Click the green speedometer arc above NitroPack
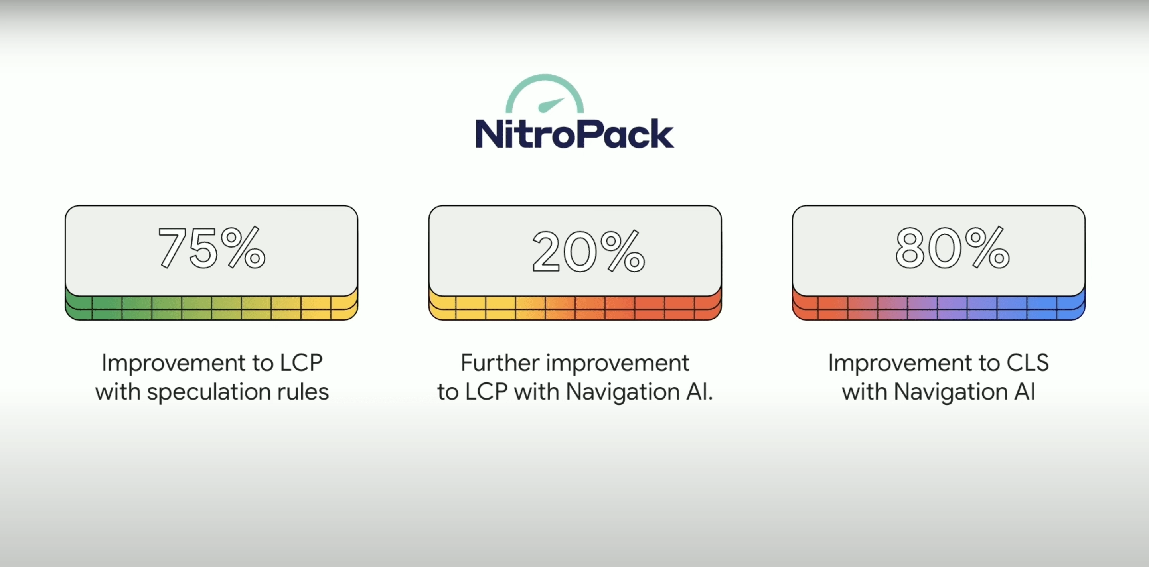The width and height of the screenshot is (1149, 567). pos(545,83)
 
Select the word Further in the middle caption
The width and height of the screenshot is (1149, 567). pos(500,363)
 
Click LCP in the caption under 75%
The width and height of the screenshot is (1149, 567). pos(301,363)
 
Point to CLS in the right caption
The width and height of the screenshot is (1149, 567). pos(1028,363)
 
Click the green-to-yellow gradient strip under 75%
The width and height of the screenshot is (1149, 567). pos(211,308)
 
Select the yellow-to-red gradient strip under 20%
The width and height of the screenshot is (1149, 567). pos(575,308)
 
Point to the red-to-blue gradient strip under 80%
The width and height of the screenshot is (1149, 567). pos(938,308)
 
